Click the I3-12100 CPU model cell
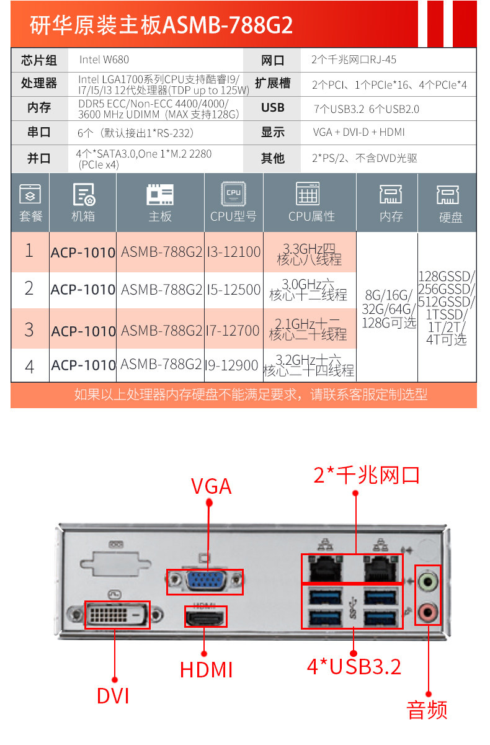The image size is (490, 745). (x=233, y=252)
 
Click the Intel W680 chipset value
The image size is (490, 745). (x=104, y=60)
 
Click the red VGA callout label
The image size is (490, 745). (x=211, y=486)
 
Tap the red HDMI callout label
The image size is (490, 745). (x=206, y=670)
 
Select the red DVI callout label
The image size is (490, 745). (x=113, y=695)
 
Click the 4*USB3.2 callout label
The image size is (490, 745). (x=354, y=666)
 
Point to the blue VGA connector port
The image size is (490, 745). (x=205, y=582)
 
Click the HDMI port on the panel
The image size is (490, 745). (x=205, y=617)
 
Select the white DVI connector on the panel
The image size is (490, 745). (x=117, y=615)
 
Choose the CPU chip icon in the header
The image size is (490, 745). (x=233, y=194)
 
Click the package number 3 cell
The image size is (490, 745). (x=29, y=329)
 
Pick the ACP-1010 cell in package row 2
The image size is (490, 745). (x=83, y=289)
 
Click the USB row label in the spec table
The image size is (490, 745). (x=272, y=108)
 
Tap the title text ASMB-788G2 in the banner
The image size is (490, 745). (x=227, y=25)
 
